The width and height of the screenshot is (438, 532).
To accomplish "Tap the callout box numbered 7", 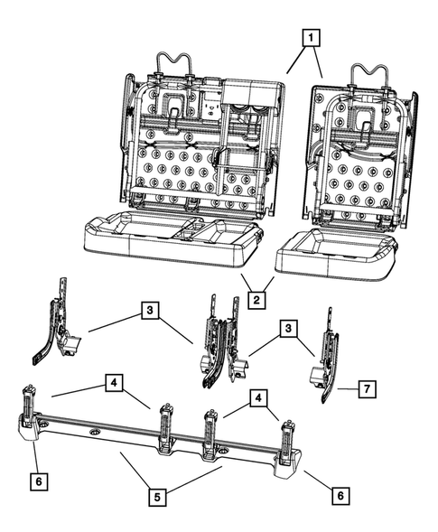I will tap(368, 388).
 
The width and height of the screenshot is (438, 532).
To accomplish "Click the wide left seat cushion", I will tap(172, 237).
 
